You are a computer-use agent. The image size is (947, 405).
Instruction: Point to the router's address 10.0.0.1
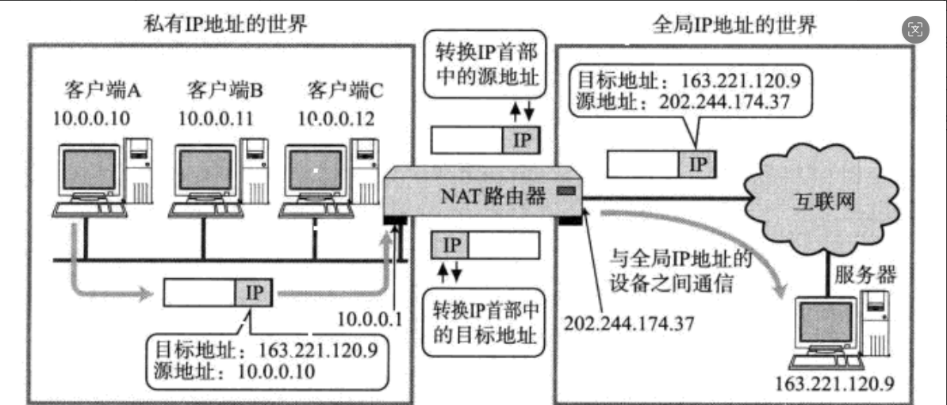pyautogui.click(x=371, y=319)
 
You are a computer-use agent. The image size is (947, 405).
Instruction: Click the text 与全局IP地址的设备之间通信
pyautogui.click(x=681, y=270)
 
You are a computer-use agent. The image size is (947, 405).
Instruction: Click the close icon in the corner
pyautogui.click(x=916, y=30)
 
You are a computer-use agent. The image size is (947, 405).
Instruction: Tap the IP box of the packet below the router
pyautogui.click(x=450, y=244)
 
